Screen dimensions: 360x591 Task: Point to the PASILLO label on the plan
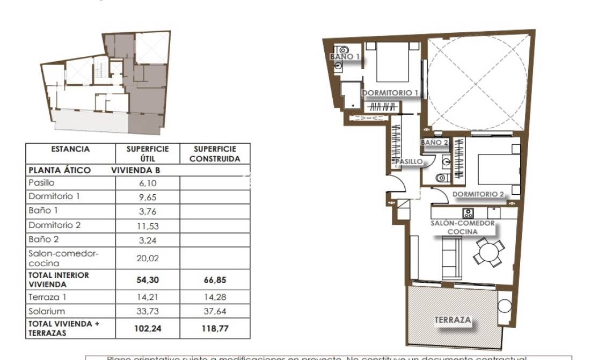409,161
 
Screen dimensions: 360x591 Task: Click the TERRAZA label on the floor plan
453,320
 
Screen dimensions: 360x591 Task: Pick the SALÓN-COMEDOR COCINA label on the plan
462,227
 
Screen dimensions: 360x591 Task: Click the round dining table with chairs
489,252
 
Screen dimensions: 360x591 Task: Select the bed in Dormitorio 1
392,63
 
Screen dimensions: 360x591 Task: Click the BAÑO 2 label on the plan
434,143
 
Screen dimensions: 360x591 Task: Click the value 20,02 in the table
147,258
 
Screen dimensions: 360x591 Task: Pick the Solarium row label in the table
47,311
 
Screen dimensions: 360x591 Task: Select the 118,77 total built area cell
215,328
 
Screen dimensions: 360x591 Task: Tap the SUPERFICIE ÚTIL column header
147,153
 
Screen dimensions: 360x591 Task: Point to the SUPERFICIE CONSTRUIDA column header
215,153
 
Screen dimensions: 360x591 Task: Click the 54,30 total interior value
147,280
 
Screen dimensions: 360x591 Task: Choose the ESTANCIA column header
70,149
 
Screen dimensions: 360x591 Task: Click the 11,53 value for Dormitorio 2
147,226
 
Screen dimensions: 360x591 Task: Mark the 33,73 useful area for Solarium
147,311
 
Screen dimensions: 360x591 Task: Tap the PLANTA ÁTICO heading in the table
59,170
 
